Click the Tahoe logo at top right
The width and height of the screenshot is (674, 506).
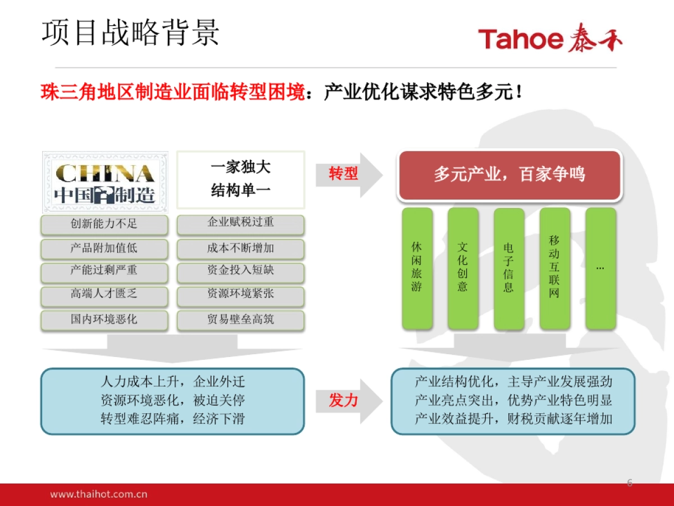[x=550, y=39]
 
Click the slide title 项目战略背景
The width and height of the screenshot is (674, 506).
[x=130, y=33]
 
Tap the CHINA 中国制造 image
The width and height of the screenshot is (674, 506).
[x=105, y=180]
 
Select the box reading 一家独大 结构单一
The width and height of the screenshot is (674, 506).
[x=241, y=179]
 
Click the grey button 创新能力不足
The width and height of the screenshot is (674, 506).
[x=104, y=224]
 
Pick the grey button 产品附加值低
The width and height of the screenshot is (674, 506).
[x=104, y=248]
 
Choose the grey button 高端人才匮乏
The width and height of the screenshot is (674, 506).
[x=104, y=294]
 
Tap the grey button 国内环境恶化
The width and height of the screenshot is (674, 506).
[x=104, y=319]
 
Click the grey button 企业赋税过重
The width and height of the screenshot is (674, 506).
[x=240, y=223]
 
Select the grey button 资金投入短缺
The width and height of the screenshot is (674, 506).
[x=240, y=271]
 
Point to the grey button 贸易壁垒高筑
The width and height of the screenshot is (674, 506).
[x=240, y=319]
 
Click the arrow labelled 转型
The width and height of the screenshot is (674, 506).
[x=348, y=174]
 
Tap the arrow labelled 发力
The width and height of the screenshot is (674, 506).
[x=348, y=400]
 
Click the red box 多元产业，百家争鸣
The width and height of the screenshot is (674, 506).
[x=509, y=175]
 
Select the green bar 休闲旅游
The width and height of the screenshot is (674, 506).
[x=417, y=268]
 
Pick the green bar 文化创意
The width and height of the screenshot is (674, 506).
[x=463, y=268]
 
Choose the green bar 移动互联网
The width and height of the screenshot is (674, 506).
[x=554, y=268]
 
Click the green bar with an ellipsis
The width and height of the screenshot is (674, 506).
[x=600, y=268]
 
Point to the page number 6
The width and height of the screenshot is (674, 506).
[x=630, y=482]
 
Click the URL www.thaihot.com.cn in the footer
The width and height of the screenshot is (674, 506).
[x=99, y=495]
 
